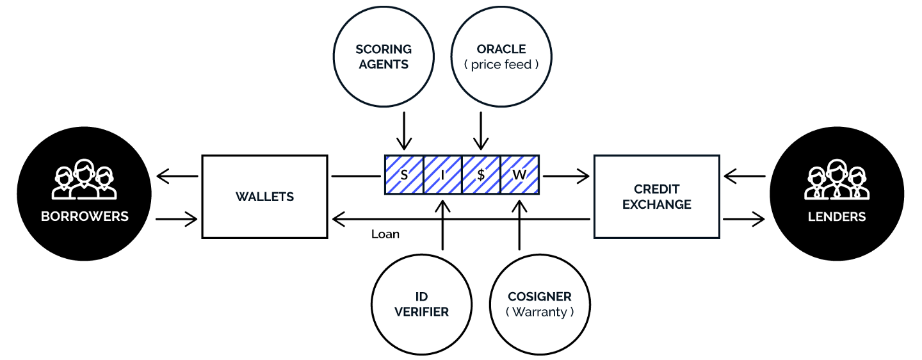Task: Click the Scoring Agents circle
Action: pos(384,56)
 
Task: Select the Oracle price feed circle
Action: pos(501,56)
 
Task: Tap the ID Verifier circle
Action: pos(421,304)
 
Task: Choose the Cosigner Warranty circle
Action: pos(540,304)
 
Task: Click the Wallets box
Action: pos(264,197)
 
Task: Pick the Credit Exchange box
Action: pos(657,197)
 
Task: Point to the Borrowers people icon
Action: pos(85,180)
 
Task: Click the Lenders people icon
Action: pos(837,180)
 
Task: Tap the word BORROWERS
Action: pos(85,217)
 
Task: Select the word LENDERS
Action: pos(837,217)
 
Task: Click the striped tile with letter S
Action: pos(404,175)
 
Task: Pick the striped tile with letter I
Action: pos(442,175)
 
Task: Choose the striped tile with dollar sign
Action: pos(481,175)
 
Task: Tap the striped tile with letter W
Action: pos(519,175)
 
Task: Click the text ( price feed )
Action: pos(501,65)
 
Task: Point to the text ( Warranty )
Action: pos(540,313)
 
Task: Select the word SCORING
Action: pos(384,49)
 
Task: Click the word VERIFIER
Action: pos(421,313)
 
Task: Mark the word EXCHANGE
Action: pos(657,205)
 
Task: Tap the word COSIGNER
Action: pos(540,297)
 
